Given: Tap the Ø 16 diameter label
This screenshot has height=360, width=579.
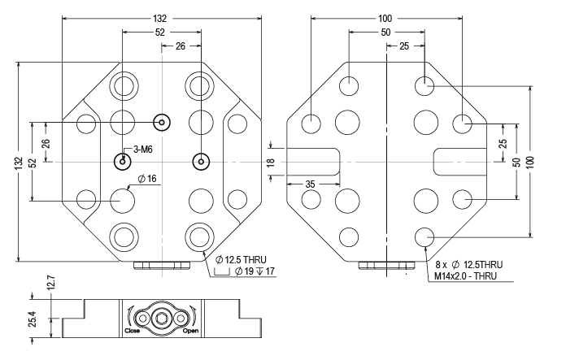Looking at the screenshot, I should (x=147, y=178).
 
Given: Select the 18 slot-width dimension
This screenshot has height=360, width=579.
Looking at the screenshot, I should (x=270, y=162).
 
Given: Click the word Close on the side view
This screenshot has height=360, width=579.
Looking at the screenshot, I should (x=133, y=332).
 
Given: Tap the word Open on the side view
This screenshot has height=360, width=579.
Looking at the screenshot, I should (x=191, y=332).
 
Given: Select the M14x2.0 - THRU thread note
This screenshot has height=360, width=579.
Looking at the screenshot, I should (x=468, y=276).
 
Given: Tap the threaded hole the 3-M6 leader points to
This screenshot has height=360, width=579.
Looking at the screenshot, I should (x=122, y=161).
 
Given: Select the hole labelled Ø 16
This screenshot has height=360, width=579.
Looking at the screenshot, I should (x=123, y=198).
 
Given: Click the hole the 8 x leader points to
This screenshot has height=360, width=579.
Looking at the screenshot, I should (x=424, y=236).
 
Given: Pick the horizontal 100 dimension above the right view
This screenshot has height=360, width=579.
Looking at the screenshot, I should (x=385, y=18).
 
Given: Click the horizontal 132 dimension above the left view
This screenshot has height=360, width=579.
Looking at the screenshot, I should (x=160, y=18).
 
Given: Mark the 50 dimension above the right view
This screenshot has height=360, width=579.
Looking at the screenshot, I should (x=385, y=32).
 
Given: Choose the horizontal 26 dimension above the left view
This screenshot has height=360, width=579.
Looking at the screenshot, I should (x=180, y=46).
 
